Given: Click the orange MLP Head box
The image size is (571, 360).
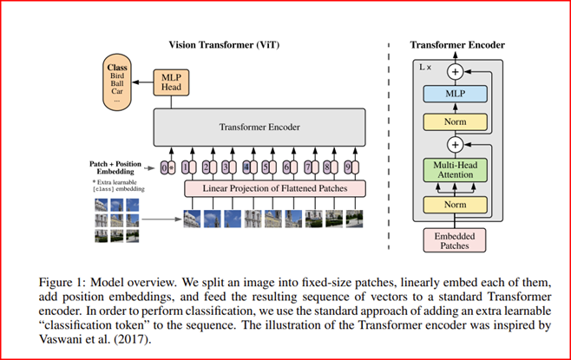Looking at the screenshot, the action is tap(171, 82).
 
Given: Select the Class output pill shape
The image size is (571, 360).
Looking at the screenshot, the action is tap(117, 82).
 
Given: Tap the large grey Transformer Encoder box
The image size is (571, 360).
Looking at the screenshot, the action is tap(259, 127).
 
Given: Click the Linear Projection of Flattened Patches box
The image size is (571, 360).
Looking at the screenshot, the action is tap(275, 188).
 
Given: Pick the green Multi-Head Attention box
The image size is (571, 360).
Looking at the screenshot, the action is tap(456, 170).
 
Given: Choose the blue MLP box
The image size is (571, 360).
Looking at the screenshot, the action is tap(456, 94).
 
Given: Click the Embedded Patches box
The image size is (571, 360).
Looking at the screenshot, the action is tap(455, 240).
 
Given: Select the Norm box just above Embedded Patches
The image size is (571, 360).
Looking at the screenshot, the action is tap(456, 205).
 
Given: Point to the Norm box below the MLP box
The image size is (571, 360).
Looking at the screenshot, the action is tap(456, 122).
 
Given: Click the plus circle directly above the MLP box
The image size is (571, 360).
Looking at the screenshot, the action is tap(456, 72).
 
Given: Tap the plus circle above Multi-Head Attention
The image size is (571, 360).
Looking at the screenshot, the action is tap(456, 145).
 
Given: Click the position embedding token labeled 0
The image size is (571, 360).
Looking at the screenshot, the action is tap(164, 167).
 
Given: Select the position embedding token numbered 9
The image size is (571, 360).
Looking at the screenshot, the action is tap(348, 167).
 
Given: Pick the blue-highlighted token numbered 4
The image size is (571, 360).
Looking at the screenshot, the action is tap(246, 167).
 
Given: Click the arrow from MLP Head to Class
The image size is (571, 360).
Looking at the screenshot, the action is tap(142, 82).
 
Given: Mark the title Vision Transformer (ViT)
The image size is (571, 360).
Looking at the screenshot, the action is tap(224, 45).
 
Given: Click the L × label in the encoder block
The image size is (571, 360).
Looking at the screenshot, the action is tap(425, 67).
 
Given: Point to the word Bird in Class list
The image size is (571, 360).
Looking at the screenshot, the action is tap(117, 75).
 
